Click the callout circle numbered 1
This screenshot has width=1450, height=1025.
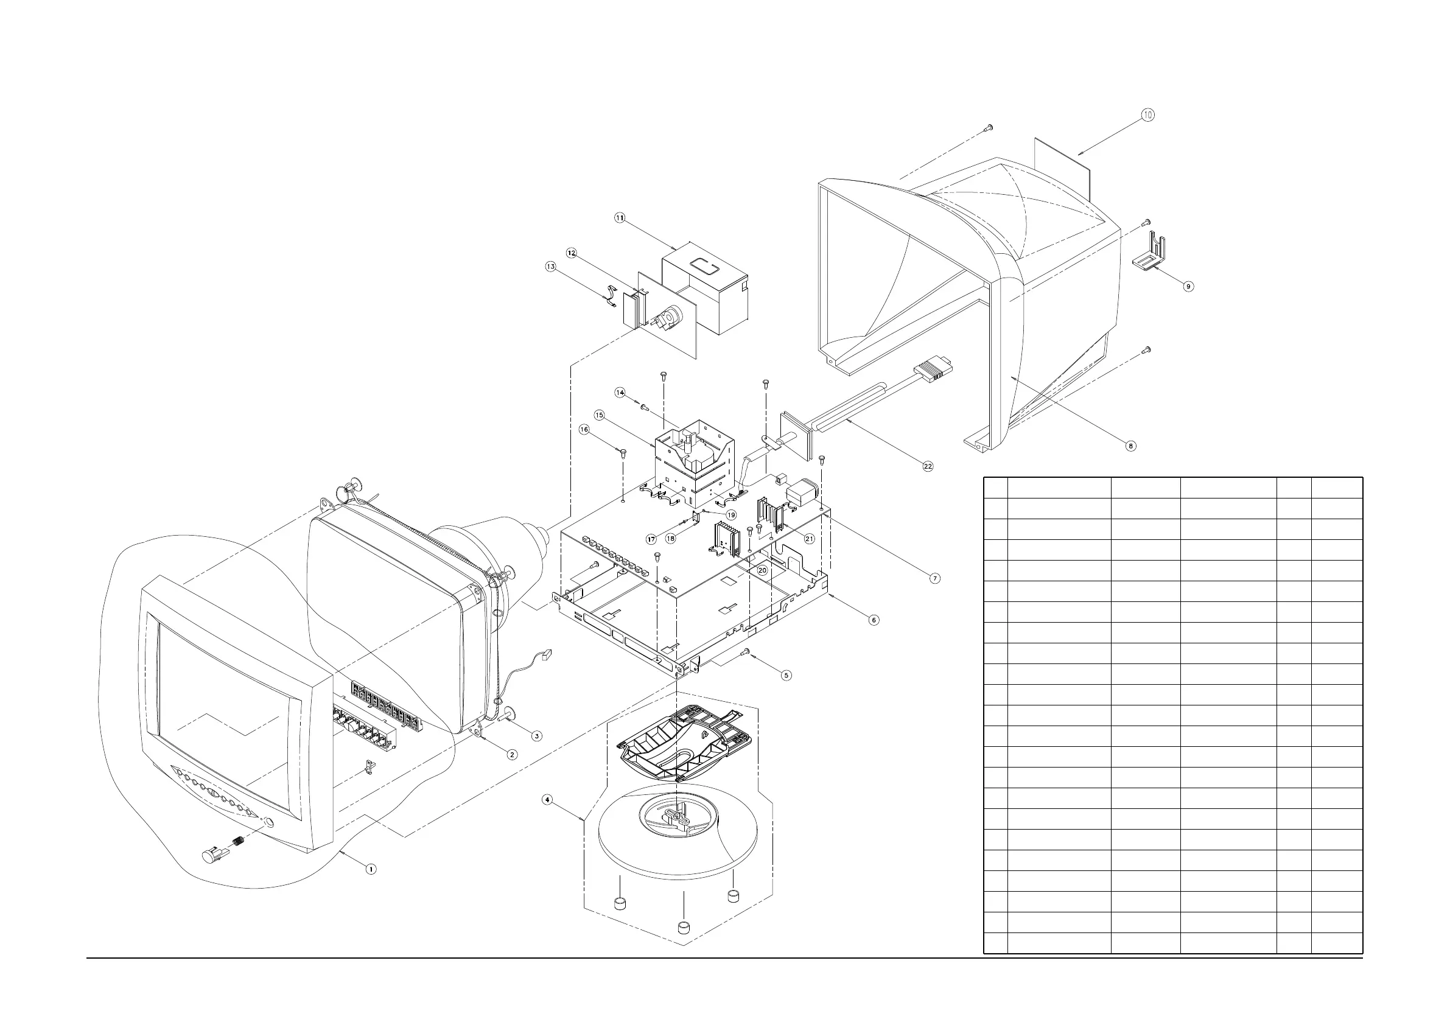371,869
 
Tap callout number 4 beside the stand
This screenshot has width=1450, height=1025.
547,800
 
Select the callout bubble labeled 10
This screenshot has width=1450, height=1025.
1147,115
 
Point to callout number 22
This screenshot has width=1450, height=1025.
928,466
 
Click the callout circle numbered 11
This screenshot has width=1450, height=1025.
620,218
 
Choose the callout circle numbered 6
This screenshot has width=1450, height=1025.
874,620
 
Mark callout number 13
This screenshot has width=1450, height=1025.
551,267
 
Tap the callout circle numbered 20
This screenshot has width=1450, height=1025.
762,570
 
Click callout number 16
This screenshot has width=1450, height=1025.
584,430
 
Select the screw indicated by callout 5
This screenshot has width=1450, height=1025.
747,651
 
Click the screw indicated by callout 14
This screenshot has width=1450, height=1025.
645,407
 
